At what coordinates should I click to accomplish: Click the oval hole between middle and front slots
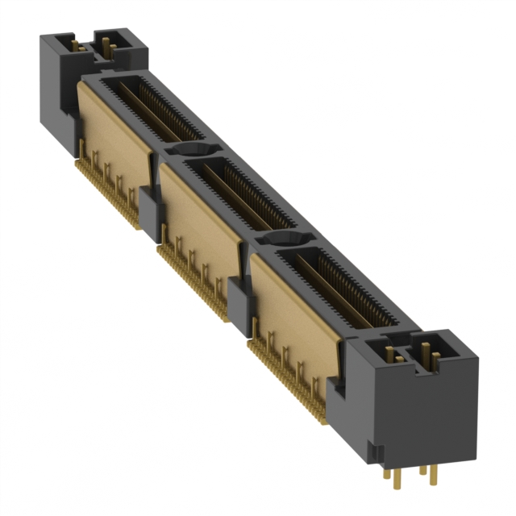pyautogui.click(x=286, y=239)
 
